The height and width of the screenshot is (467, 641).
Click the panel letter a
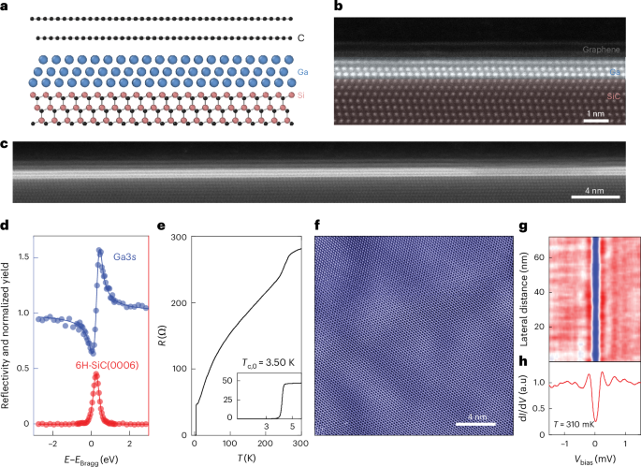(6, 7)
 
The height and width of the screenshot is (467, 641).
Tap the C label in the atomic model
(300, 37)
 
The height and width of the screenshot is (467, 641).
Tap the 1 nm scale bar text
(595, 112)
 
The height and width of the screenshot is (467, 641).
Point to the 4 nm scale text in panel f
(474, 416)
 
